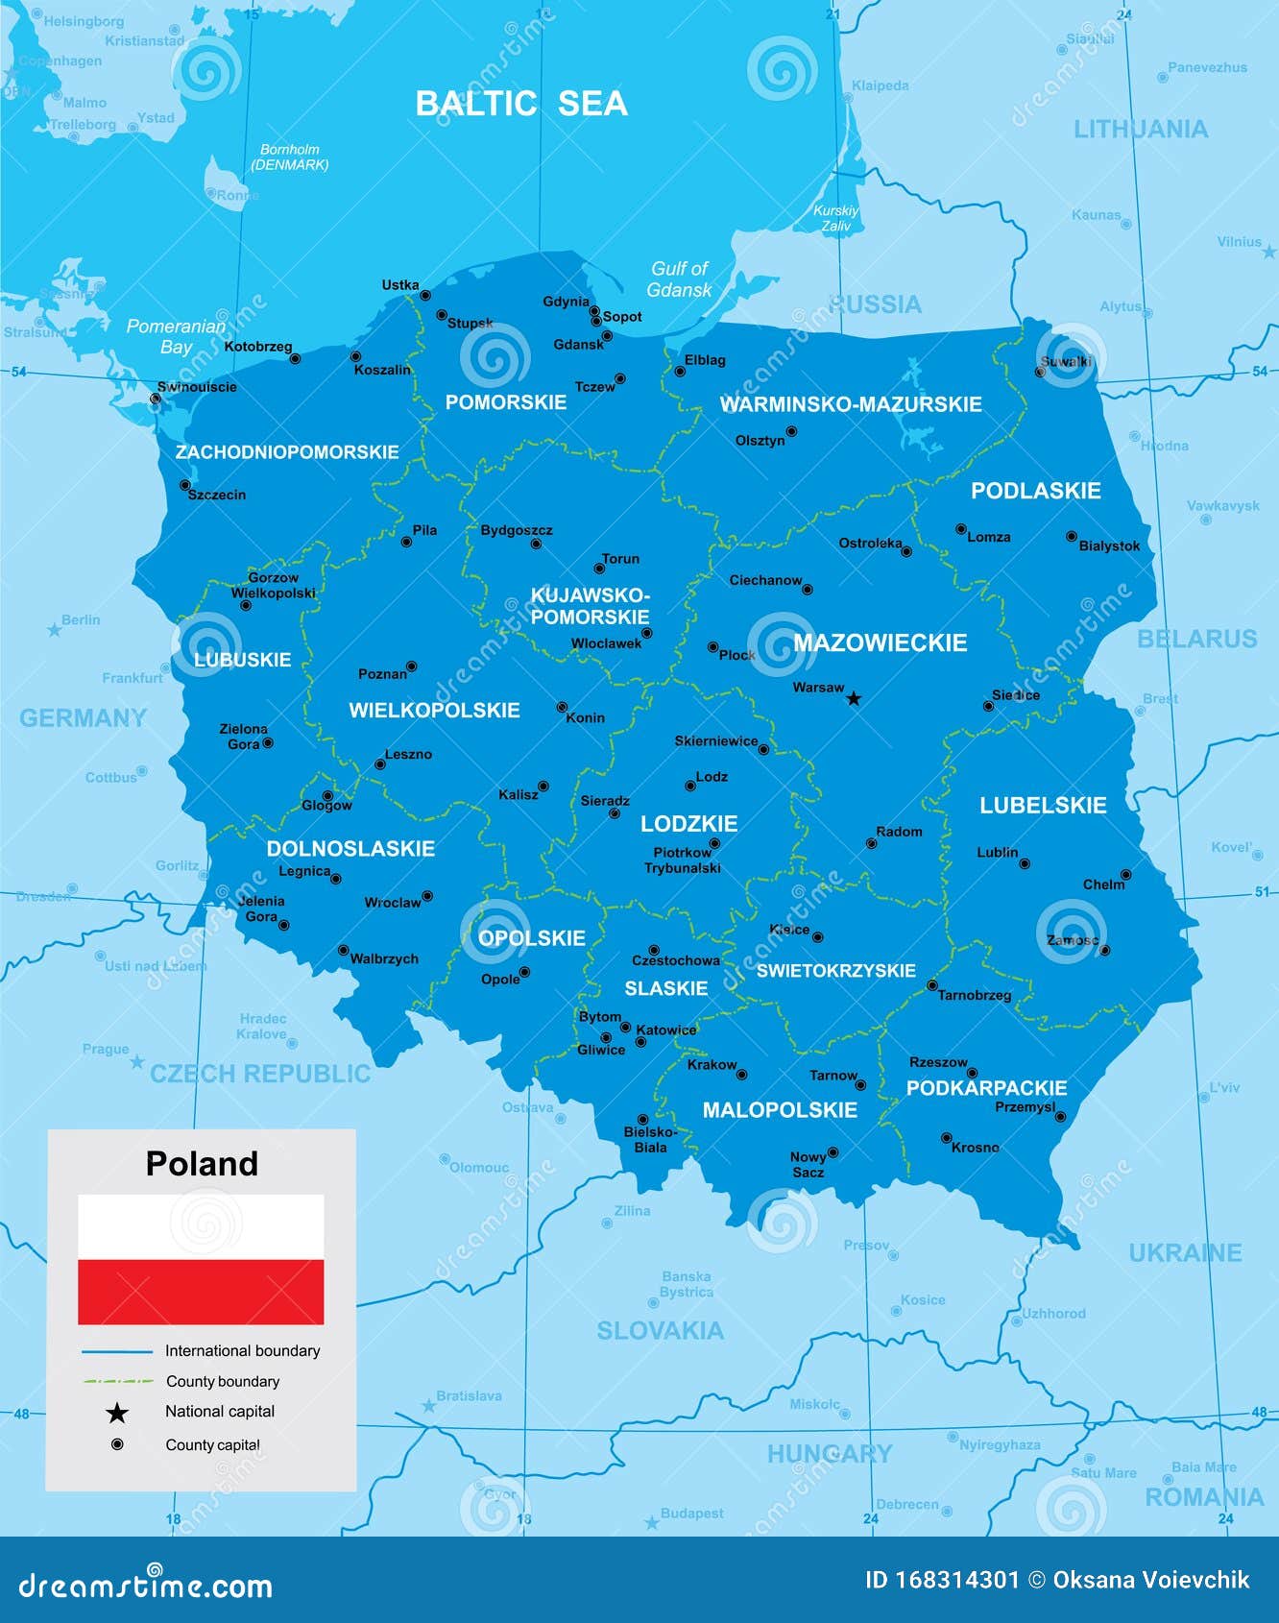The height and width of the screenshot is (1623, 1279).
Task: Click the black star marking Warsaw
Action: coord(854,698)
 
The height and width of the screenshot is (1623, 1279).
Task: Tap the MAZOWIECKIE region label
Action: coord(880,642)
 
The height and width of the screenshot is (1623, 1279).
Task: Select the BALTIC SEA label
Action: coord(521,104)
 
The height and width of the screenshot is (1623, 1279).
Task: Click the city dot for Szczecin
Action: coord(185,486)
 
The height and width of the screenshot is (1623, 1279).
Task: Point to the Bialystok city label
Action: coord(1109,545)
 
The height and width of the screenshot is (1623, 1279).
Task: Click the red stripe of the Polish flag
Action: coord(201,1292)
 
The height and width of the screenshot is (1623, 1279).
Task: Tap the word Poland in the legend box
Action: coord(202,1163)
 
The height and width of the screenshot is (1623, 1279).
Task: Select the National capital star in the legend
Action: coord(117,1413)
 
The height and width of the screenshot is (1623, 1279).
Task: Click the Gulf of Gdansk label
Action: coord(679,279)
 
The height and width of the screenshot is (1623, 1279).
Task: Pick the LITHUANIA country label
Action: coord(1140,130)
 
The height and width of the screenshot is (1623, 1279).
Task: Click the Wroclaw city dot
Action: coord(427,896)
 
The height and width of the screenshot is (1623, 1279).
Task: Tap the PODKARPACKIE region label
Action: coord(986,1088)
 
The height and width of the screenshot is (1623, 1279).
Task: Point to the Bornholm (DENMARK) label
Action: coord(289,157)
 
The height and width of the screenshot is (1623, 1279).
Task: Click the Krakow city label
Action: coord(712,1064)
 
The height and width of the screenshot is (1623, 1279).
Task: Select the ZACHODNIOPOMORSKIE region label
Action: coord(287,451)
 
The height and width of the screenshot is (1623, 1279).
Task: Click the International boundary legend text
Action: coord(242,1350)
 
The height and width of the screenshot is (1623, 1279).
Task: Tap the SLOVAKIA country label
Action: coord(660,1330)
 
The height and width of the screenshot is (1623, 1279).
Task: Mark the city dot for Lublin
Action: coord(1025,863)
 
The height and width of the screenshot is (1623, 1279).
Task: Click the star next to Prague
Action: coord(136,1062)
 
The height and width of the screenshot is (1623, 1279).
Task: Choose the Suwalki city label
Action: coord(1066,362)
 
